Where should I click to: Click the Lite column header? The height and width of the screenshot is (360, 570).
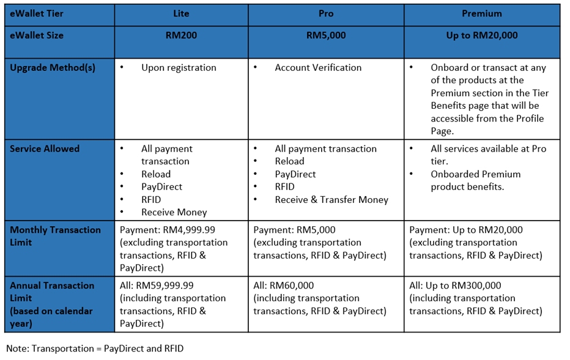(181, 13)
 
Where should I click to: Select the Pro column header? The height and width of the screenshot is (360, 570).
(325, 13)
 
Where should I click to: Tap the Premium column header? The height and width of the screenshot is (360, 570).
(481, 13)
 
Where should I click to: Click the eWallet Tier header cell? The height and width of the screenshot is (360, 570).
(37, 13)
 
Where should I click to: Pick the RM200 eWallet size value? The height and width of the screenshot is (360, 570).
(181, 35)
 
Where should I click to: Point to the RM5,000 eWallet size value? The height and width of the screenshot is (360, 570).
(325, 35)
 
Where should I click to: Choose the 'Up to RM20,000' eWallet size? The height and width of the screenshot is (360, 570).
(481, 35)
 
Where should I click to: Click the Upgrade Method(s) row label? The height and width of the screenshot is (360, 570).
(53, 68)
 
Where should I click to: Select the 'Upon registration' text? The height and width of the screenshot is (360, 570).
(179, 68)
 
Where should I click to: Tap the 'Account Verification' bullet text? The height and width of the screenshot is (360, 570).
(318, 68)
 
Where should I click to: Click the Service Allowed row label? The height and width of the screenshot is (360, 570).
(45, 149)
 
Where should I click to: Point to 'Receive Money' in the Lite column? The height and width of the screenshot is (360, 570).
(174, 212)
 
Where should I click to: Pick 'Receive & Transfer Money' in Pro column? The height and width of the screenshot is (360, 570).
(331, 199)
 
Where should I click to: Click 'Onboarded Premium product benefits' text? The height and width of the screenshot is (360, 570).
(475, 180)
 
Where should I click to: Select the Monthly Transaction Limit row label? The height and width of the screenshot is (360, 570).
(55, 236)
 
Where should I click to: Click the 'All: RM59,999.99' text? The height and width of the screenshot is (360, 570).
(160, 285)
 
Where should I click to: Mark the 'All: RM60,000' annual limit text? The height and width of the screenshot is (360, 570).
(284, 285)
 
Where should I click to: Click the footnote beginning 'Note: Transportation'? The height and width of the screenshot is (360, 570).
(95, 348)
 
